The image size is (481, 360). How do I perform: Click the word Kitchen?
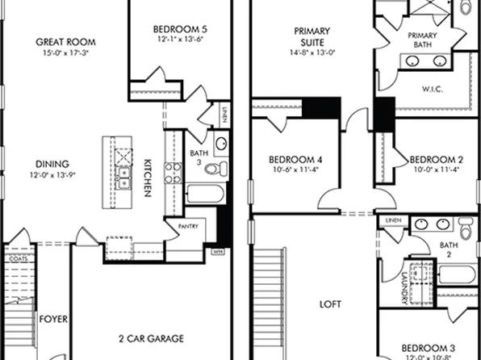[148, 177]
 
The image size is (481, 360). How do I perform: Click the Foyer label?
[53, 319]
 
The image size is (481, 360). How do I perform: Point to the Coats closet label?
[18, 259]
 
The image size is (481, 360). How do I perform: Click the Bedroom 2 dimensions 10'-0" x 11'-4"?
[436, 170]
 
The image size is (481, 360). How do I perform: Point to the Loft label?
[329, 305]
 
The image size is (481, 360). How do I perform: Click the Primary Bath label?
[423, 40]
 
